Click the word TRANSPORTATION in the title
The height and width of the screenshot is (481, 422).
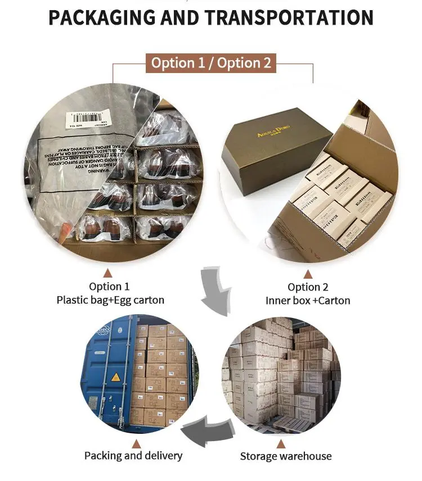click(x=288, y=18)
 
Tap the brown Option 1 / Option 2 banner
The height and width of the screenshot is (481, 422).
click(x=211, y=62)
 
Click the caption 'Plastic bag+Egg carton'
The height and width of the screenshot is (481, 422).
click(x=110, y=300)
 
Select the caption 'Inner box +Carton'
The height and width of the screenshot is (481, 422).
click(x=308, y=301)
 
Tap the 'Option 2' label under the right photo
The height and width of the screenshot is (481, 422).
click(x=308, y=287)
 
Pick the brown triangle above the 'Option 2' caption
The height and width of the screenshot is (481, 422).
click(x=308, y=274)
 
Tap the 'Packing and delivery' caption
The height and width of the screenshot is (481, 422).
click(x=133, y=455)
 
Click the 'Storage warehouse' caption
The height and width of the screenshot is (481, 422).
click(x=286, y=456)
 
